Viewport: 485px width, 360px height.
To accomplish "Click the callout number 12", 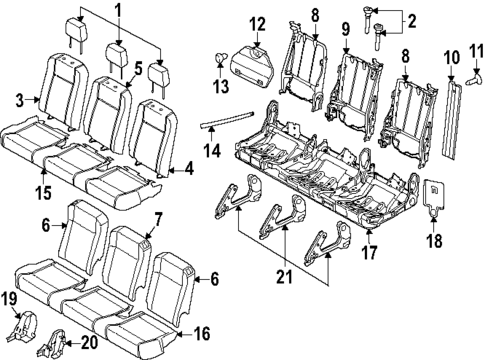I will pyautogui.click(x=257, y=23).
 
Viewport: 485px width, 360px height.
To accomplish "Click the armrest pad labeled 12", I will pyautogui.click(x=258, y=65).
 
